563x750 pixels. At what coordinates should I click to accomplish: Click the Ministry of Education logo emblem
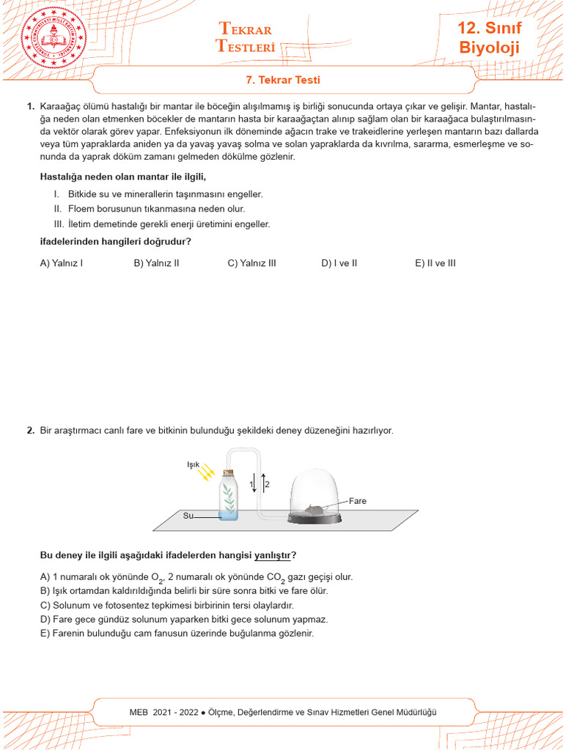coord(55,37)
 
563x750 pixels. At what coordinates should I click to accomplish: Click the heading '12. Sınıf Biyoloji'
coord(489,38)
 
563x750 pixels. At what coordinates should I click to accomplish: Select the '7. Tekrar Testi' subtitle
coord(281,80)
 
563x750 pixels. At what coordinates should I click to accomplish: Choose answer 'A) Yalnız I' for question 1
coord(61,263)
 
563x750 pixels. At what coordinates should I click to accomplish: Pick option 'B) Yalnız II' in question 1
coord(156,263)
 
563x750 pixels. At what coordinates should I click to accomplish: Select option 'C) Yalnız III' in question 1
coord(251,263)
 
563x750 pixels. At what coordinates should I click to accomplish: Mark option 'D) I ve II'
coord(339,263)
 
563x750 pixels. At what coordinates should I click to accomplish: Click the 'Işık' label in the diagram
coord(194,464)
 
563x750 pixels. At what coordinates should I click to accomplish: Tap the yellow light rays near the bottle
coord(207,472)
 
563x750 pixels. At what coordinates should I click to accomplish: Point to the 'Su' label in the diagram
coord(188,516)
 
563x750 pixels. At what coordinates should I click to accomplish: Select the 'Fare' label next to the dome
coord(357,501)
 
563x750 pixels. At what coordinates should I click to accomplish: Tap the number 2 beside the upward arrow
coord(268,485)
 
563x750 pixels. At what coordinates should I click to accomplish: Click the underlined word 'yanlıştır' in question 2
coord(272,554)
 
